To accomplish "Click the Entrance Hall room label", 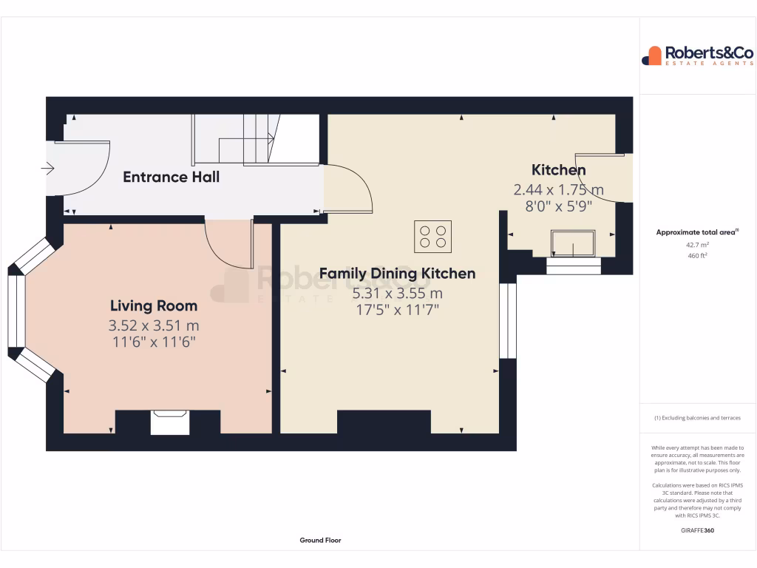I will point(171,177).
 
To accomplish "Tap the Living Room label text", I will point(154,305).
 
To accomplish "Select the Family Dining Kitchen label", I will point(397,274).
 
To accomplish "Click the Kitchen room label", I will point(559,170).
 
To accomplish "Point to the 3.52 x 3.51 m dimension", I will point(154,325).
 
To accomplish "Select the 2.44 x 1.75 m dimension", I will point(559,190).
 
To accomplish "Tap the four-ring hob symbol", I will point(432,236).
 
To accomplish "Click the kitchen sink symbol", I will point(574,243).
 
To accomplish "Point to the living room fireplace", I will point(170,422).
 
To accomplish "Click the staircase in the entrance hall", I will point(244,141).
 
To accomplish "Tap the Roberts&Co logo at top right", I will point(698,55).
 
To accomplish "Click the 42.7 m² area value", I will point(698,244).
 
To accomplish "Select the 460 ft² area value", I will point(698,256).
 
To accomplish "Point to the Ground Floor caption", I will point(320,541).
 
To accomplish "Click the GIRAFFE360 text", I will point(698,530).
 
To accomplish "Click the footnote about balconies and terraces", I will point(698,418).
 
